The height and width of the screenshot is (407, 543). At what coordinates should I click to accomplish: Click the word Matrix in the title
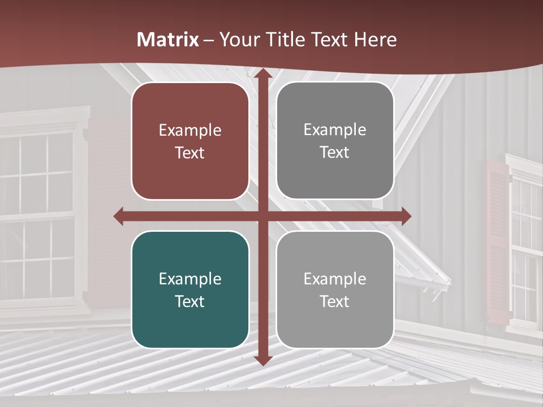point(168,40)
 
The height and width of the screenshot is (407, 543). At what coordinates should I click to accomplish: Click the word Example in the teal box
point(190,279)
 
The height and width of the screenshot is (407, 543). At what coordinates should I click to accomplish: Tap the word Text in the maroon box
point(190,153)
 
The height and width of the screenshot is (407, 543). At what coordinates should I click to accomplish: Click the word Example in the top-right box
point(335,129)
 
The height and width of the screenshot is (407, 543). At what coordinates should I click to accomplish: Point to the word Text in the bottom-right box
point(335,301)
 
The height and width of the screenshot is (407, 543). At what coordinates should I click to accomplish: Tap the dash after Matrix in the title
point(208,40)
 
